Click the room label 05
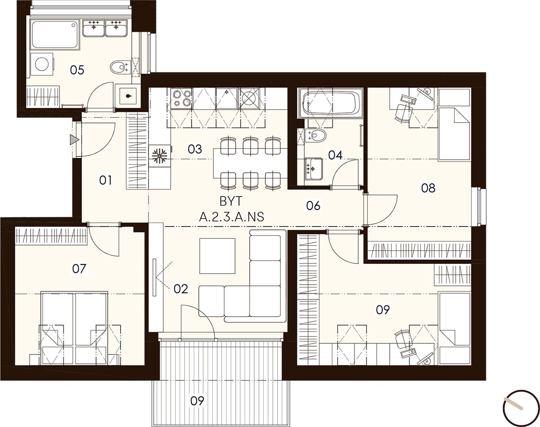point(77,70)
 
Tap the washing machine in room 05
point(42,64)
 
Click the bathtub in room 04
point(330,103)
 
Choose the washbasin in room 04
point(313,169)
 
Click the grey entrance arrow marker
point(74,140)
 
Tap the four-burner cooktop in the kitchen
point(181,98)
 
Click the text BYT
point(231,201)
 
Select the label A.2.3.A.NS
point(231,217)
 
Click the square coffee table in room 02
point(217,256)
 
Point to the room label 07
point(79,269)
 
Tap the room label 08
point(429,188)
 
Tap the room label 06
point(313,206)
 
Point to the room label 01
point(106,180)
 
